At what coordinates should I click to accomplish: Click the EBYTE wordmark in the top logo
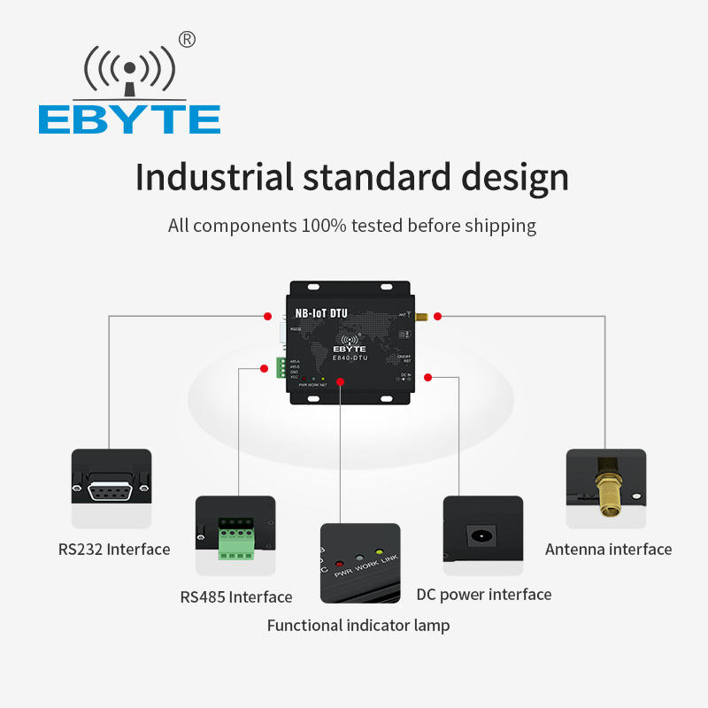[129, 119]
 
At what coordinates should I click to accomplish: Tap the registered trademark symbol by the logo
[187, 39]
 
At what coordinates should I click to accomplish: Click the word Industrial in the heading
[213, 177]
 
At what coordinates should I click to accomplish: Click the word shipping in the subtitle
[496, 226]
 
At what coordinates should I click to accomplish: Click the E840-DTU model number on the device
[351, 358]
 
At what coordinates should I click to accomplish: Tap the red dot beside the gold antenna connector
[437, 315]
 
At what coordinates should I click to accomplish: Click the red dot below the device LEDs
[341, 381]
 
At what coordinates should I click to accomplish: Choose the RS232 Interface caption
[114, 550]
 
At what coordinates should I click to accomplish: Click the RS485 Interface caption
[235, 597]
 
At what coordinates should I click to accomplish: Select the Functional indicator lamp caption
[358, 626]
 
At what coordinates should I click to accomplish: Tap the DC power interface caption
[484, 595]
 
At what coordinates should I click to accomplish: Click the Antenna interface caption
[608, 550]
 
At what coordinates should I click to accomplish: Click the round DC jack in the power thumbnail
[481, 535]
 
